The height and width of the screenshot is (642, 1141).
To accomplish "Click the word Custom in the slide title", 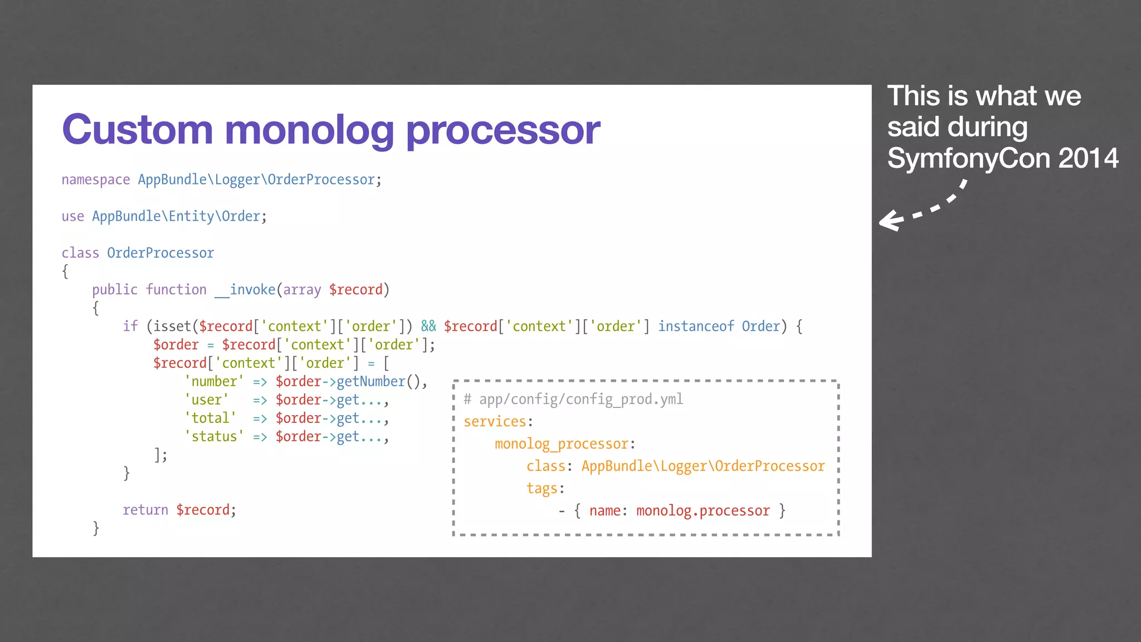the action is (137, 130).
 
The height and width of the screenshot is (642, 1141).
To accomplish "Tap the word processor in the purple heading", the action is (503, 130).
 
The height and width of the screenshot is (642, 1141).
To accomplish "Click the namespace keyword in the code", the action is (95, 180).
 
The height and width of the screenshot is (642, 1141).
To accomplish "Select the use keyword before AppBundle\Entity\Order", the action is (72, 216).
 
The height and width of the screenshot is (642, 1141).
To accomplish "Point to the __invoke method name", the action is (245, 290).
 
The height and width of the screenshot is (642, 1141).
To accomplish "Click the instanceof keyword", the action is (696, 326).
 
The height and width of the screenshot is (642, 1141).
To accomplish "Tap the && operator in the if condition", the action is (428, 326).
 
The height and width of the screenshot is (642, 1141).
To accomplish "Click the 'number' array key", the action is (214, 381).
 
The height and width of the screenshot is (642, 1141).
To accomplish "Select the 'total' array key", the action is (210, 418).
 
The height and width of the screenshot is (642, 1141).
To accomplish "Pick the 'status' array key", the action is (214, 436).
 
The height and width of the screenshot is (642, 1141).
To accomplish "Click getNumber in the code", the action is (371, 381).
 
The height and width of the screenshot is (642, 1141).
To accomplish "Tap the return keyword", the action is (145, 510).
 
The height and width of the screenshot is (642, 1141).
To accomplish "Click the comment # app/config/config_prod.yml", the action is (573, 399).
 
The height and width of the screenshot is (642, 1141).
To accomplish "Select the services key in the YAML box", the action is (495, 421).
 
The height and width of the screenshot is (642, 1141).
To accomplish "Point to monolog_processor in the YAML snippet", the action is (562, 444).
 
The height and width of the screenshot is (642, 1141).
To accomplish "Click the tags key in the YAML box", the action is (542, 488).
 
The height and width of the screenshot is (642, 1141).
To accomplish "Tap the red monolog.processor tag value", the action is (703, 510).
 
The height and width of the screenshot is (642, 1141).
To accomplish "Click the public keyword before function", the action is (114, 290).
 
